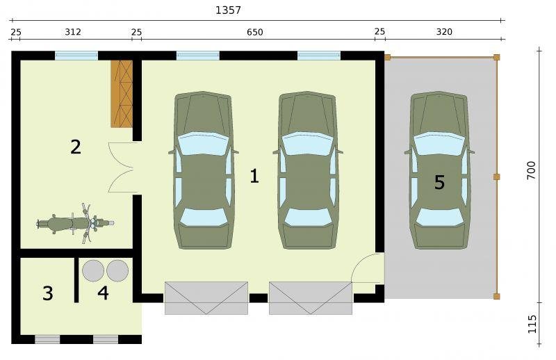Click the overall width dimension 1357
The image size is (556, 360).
pos(228,10)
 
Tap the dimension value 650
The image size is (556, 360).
pos(255,32)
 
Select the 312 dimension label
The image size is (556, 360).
pos(73,32)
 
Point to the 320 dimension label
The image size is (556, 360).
pos(444,32)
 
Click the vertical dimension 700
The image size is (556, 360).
pos(531,170)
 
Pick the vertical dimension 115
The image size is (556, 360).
pos(532,324)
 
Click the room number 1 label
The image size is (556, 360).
pos(254,177)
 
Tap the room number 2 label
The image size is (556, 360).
pos(76,147)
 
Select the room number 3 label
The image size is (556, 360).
pos(48,293)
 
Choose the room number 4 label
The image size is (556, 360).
pos(103,293)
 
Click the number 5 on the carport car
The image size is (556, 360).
pos(439,182)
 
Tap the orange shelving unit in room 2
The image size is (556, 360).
pos(122,94)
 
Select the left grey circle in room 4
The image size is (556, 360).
pos(93,271)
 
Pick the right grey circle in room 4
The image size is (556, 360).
pos(117,271)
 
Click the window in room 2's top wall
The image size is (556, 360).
pos(76,56)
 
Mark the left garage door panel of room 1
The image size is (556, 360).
pos(206,298)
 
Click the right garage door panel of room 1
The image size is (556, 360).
pos(310,298)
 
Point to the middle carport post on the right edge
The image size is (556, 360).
pos(497,177)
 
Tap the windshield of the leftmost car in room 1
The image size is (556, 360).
pos(202,144)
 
